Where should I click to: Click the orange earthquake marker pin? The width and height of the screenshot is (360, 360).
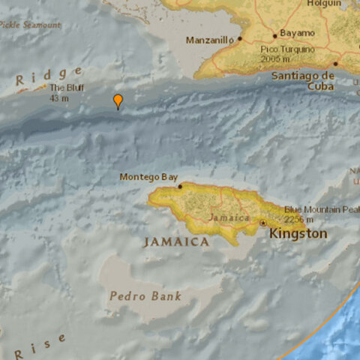click(118, 100)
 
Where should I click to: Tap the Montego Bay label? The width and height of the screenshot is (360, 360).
click(148, 177)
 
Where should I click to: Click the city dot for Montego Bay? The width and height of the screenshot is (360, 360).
click(180, 185)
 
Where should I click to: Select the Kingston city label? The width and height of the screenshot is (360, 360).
click(298, 234)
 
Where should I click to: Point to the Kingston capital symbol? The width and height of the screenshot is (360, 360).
click(263, 223)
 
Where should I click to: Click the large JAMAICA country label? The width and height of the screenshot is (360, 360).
click(176, 242)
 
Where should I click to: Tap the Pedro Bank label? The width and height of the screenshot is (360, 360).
click(145, 295)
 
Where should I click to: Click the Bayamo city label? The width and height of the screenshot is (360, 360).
click(298, 34)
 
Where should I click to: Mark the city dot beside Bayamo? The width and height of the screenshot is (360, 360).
click(275, 34)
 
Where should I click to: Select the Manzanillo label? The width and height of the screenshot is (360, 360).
click(210, 38)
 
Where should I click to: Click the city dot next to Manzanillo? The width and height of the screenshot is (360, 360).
click(240, 39)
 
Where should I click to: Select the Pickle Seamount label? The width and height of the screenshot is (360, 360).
click(30, 25)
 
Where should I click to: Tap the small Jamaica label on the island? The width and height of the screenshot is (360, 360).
click(229, 217)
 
